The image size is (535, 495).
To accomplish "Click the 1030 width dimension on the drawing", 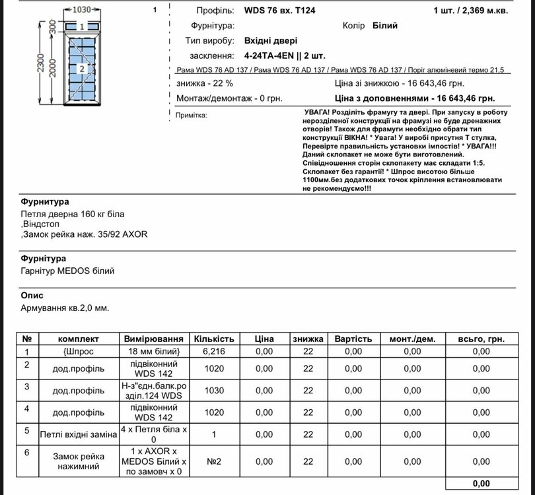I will point(81,11).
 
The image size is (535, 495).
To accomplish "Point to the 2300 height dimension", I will point(42,63).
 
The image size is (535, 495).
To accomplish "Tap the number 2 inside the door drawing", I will point(81,69).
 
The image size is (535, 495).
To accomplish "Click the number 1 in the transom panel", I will point(81,27).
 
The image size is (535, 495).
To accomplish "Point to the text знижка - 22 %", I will point(205,84).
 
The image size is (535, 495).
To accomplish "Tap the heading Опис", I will point(33,294).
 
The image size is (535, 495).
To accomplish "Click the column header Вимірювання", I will point(155,339).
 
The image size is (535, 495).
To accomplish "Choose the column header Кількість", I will point(214,339).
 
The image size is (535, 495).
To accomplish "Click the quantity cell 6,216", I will point(214,352).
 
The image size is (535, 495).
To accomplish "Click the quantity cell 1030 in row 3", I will point(214,391).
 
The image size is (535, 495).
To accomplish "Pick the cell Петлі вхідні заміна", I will point(78,435).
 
